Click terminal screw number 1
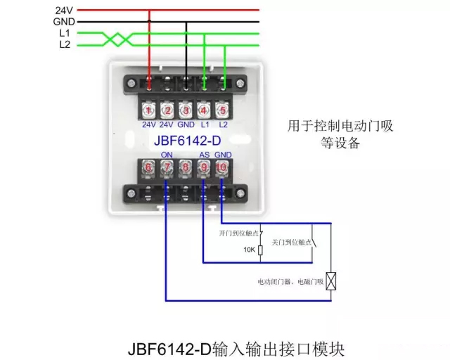pyautogui.click(x=149, y=110)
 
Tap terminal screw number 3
pyautogui.click(x=186, y=110)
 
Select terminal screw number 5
pyautogui.click(x=223, y=110)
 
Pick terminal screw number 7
pyautogui.click(x=167, y=168)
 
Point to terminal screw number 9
pyautogui.click(x=204, y=168)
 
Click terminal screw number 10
pyautogui.click(x=222, y=168)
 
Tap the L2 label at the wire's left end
pyautogui.click(x=65, y=44)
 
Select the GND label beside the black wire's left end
pyautogui.click(x=63, y=22)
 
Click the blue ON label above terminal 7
pyautogui.click(x=167, y=155)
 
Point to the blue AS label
pyautogui.click(x=204, y=155)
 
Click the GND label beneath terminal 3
pyautogui.click(x=186, y=124)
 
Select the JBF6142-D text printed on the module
pyautogui.click(x=186, y=141)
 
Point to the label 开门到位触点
pyautogui.click(x=239, y=232)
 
